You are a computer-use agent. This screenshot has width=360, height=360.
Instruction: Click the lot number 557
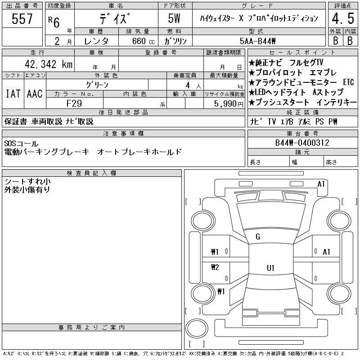pyautogui.click(x=22, y=19)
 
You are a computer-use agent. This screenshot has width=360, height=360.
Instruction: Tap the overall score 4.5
pyautogui.click(x=343, y=18)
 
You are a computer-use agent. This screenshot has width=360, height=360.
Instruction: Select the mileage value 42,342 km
pyautogui.click(x=49, y=64)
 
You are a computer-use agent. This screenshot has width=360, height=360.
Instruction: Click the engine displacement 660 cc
pyautogui.click(x=144, y=41)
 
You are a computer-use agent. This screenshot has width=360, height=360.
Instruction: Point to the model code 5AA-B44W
pyautogui.click(x=257, y=41)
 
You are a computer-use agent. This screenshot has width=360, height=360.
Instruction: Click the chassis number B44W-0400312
pyautogui.click(x=302, y=143)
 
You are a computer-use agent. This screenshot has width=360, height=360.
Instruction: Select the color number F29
pyautogui.click(x=74, y=103)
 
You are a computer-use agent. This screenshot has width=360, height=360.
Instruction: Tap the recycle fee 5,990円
pyautogui.click(x=229, y=104)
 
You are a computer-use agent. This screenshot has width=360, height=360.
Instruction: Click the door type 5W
pyautogui.click(x=174, y=18)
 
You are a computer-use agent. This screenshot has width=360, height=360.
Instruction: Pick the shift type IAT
pyautogui.click(x=13, y=94)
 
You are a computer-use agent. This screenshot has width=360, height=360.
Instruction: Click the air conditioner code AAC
pyautogui.click(x=35, y=94)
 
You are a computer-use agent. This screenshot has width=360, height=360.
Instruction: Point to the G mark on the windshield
pyautogui.click(x=258, y=237)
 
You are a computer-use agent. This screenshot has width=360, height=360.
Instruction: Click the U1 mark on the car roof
pyautogui.click(x=270, y=268)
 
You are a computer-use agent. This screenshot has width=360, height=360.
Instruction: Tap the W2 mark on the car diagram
pyautogui.click(x=215, y=267)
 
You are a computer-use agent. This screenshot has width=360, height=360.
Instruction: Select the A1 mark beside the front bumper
pyautogui.click(x=321, y=184)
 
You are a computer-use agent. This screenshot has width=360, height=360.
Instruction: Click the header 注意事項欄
pyautogui.click(x=123, y=133)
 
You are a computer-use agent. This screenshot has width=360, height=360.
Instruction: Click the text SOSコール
pyautogui.click(x=21, y=144)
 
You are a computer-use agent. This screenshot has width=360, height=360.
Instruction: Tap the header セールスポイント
pyautogui.click(x=302, y=52)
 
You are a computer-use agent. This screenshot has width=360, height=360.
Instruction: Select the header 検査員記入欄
pyautogui.click(x=91, y=173)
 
